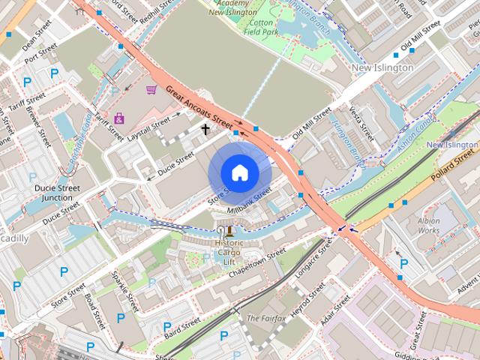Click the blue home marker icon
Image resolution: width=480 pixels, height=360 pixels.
pos(240,172)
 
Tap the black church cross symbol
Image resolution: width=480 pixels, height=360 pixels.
pos(205,129)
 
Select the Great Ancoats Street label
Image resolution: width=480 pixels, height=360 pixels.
pos(200,105)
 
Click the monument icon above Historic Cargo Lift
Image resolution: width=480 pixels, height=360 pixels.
pos(229,231)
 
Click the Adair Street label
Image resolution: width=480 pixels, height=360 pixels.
pos(334,310)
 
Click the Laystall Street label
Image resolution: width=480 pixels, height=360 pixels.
pos(150,130)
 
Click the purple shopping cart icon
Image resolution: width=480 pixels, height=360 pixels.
pos(151,89)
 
